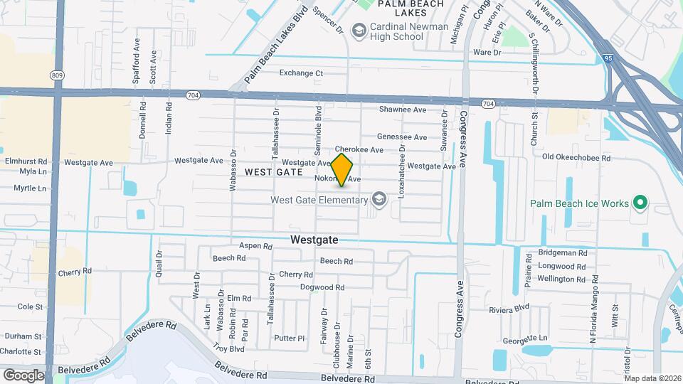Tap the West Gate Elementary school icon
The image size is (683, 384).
[378, 199]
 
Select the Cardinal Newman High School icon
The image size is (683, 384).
[359, 30]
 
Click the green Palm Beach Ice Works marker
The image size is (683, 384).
[640, 203]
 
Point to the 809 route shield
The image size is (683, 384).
[56, 74]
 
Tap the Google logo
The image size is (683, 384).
[23, 375]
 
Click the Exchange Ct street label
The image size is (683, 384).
[301, 73]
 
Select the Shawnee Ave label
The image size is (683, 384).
[402, 110]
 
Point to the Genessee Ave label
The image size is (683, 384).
[402, 137]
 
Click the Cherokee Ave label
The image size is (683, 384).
[359, 150]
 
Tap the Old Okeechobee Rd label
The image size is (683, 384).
[576, 157]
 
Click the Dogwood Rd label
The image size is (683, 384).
[322, 287]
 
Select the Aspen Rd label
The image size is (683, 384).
[256, 246]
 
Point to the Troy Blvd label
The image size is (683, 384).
[228, 348]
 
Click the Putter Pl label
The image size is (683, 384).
[289, 338]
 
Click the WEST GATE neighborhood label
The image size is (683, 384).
[269, 172]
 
